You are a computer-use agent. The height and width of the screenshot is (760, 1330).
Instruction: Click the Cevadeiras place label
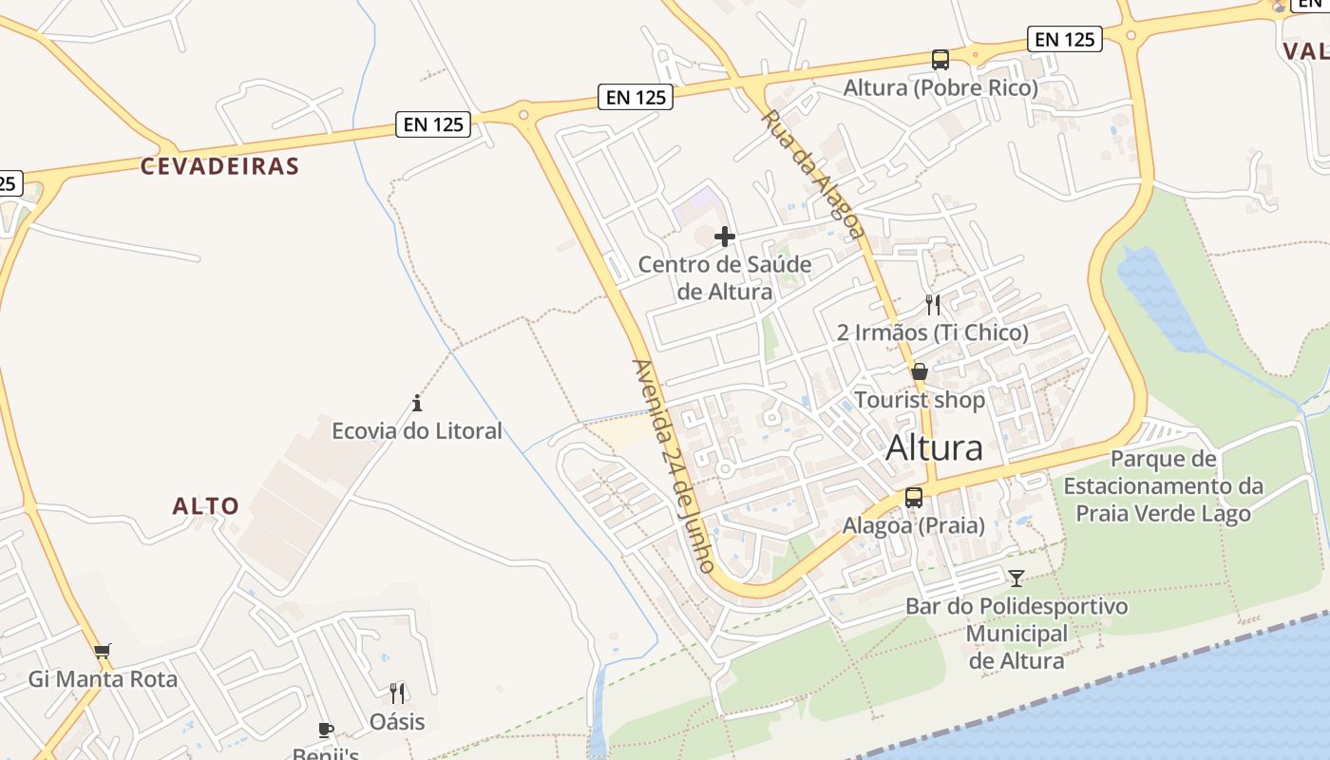pyautogui.click(x=219, y=166)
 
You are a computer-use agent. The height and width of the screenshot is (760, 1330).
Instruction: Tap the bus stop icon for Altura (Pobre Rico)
pyautogui.click(x=940, y=60)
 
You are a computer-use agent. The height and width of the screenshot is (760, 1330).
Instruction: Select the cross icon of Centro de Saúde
pyautogui.click(x=725, y=237)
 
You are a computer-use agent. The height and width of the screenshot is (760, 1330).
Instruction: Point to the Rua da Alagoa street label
pyautogui.click(x=813, y=174)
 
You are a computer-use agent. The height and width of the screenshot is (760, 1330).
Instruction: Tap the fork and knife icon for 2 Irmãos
pyautogui.click(x=933, y=305)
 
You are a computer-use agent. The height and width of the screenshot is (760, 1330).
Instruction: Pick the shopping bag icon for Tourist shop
pyautogui.click(x=919, y=371)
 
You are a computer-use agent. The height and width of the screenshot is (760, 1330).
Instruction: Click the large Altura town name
pyautogui.click(x=934, y=447)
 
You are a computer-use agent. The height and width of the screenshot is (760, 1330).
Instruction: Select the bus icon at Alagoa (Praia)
pyautogui.click(x=914, y=497)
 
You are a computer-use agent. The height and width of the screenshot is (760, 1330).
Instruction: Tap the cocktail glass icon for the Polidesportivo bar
pyautogui.click(x=1016, y=578)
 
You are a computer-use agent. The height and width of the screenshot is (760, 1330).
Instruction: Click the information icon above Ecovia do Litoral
pyautogui.click(x=416, y=403)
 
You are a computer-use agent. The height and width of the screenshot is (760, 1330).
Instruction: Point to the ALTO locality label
pyautogui.click(x=206, y=505)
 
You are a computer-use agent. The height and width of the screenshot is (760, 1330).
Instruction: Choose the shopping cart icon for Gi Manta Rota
pyautogui.click(x=102, y=652)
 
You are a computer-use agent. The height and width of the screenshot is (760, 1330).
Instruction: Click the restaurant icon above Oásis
pyautogui.click(x=397, y=693)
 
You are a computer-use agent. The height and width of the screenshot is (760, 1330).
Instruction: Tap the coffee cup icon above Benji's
pyautogui.click(x=326, y=730)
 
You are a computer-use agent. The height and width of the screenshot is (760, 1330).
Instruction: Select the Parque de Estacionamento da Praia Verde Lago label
pyautogui.click(x=1163, y=486)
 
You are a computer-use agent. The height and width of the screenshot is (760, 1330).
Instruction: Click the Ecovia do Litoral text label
pyautogui.click(x=416, y=431)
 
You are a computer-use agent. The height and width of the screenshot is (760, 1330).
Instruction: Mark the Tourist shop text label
pyautogui.click(x=920, y=400)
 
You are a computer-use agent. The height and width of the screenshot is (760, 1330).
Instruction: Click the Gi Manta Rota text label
pyautogui.click(x=103, y=679)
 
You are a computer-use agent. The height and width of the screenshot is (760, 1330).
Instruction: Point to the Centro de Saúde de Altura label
pyautogui.click(x=725, y=277)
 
